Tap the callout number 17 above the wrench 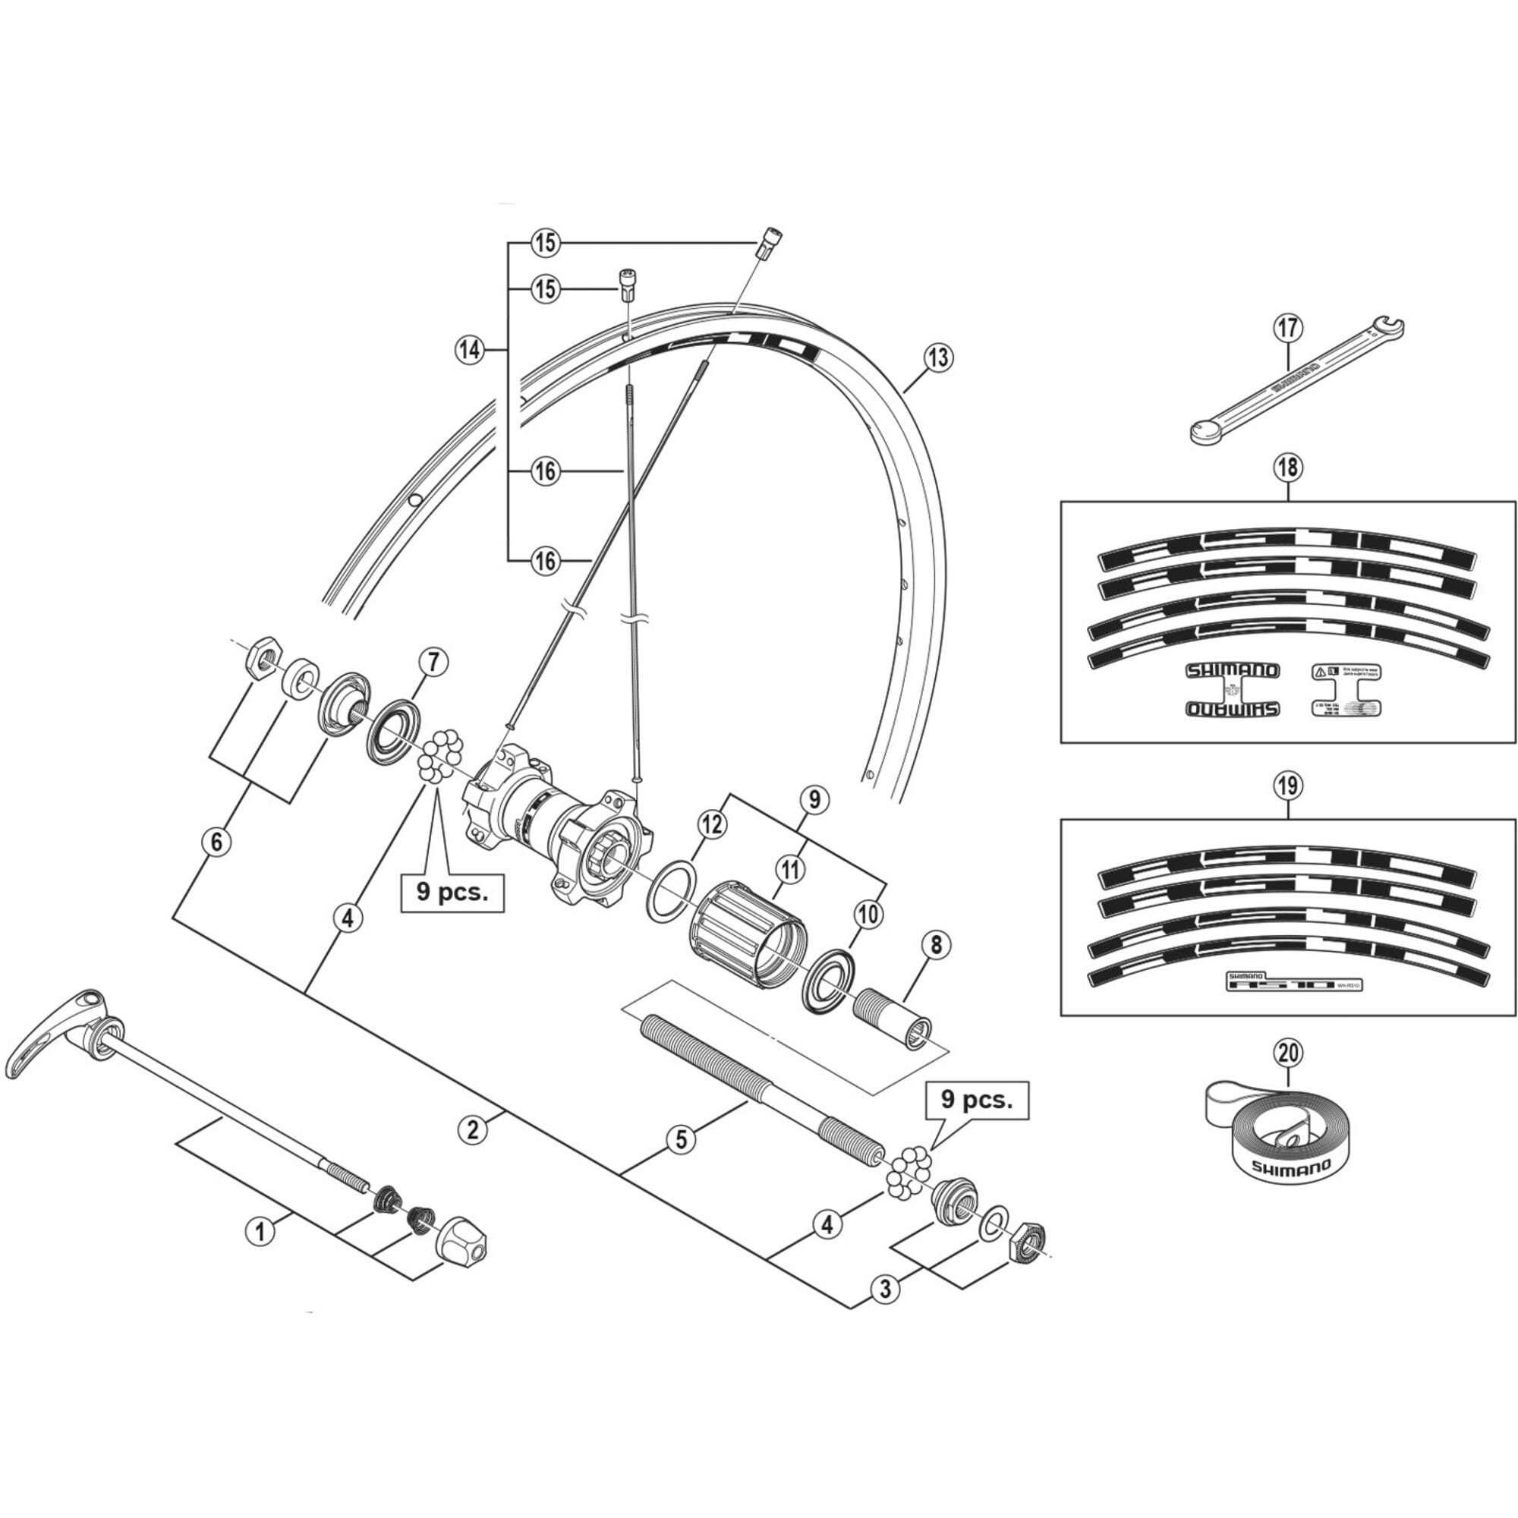click(x=1289, y=328)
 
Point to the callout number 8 click(x=935, y=945)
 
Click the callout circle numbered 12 click(x=712, y=824)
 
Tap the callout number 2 click(x=472, y=1130)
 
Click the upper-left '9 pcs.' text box click(x=452, y=894)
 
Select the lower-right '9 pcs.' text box click(x=977, y=1100)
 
